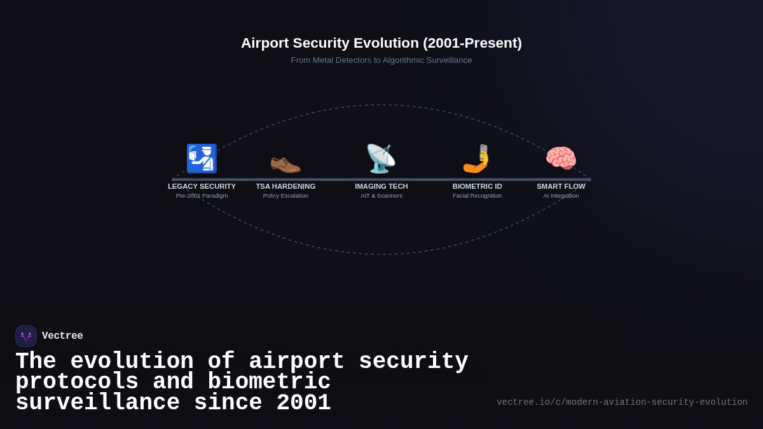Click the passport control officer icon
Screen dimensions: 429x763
tap(202, 158)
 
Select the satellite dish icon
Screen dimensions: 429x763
tap(381, 158)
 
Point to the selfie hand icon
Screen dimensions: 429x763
tap(477, 159)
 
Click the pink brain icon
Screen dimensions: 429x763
tap(561, 158)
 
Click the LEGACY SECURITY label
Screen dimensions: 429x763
tap(202, 186)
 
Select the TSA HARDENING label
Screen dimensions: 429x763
tap(285, 186)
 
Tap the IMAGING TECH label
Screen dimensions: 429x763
tap(381, 186)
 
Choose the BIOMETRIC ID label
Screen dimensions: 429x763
tap(477, 186)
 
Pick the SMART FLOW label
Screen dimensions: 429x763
tap(561, 186)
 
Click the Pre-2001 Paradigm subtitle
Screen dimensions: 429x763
tap(202, 196)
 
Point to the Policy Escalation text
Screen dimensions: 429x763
tap(285, 196)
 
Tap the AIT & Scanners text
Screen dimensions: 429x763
tap(381, 196)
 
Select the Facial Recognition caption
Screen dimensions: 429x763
tap(477, 196)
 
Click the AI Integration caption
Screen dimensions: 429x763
tap(561, 196)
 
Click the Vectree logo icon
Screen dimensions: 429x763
tap(26, 336)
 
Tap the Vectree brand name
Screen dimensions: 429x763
tap(62, 336)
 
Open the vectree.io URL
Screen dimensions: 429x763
tap(622, 402)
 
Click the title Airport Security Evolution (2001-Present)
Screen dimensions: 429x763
tap(381, 43)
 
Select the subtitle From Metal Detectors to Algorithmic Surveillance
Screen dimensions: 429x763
tap(381, 60)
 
